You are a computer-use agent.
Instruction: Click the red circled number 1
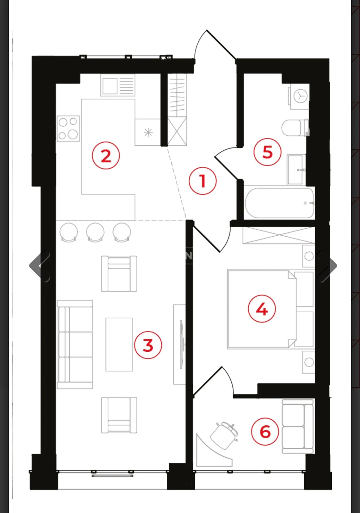coord(202,181)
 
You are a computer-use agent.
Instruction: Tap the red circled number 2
coord(106,156)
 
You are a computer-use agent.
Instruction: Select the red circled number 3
coord(148,345)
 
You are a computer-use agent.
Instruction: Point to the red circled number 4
coord(262,309)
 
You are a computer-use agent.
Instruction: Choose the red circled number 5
coord(267,152)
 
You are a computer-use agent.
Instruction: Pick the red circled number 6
coord(265,432)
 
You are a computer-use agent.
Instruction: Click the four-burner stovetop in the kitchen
coord(68,129)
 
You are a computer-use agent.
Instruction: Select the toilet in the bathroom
coord(295,128)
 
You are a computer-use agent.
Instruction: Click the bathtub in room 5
coord(279,203)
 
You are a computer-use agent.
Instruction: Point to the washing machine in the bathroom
coord(300,97)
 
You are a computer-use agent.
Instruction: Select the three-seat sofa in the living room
coord(75,344)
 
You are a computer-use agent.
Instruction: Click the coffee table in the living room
coord(119,344)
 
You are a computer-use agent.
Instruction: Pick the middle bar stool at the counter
coord(95,232)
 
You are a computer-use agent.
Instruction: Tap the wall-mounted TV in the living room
coord(181,344)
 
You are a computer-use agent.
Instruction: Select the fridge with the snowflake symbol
coord(148,132)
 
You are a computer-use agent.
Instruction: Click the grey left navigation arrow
coord(40,266)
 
